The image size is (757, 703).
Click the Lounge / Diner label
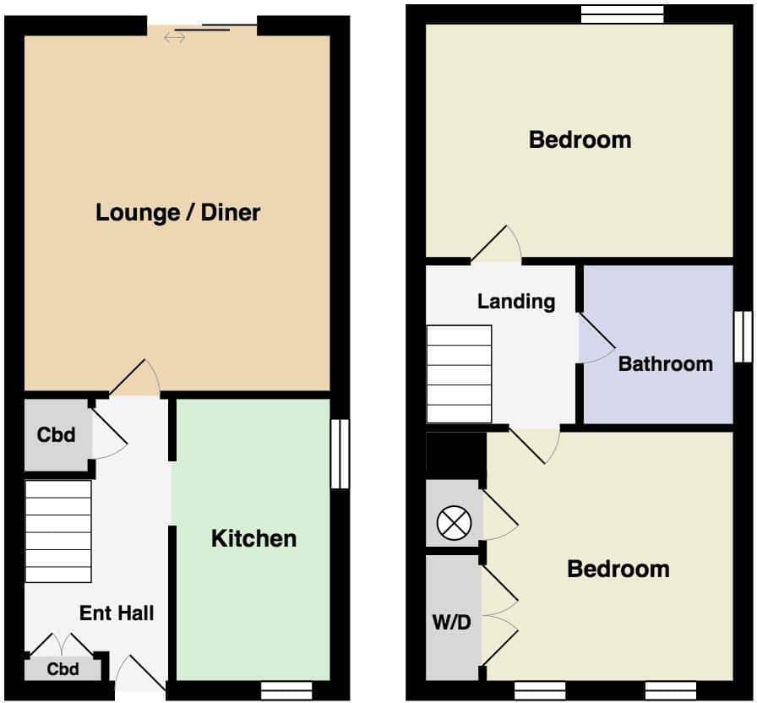pos(178,213)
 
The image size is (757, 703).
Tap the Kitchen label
pos(254,538)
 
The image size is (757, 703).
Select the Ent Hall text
pos(117,613)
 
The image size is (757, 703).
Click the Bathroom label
pos(666,364)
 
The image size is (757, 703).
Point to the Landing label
pos(516,302)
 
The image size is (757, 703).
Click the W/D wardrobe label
pos(451,623)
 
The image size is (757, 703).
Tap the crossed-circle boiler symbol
pos(455,523)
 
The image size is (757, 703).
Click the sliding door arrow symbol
pos(174,38)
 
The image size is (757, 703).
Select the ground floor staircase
pos(58,531)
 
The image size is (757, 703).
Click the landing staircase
pos(459,374)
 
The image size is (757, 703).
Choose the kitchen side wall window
pos(340,454)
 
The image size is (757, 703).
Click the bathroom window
pos(743,336)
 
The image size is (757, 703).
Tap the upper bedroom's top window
pos(623,14)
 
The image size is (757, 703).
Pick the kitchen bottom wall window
pos(286,690)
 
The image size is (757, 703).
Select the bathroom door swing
pos(597,338)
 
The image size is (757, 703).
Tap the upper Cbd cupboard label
pos(56,435)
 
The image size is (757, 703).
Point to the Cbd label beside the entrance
pos(63,669)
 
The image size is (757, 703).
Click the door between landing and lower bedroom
pos(536,445)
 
